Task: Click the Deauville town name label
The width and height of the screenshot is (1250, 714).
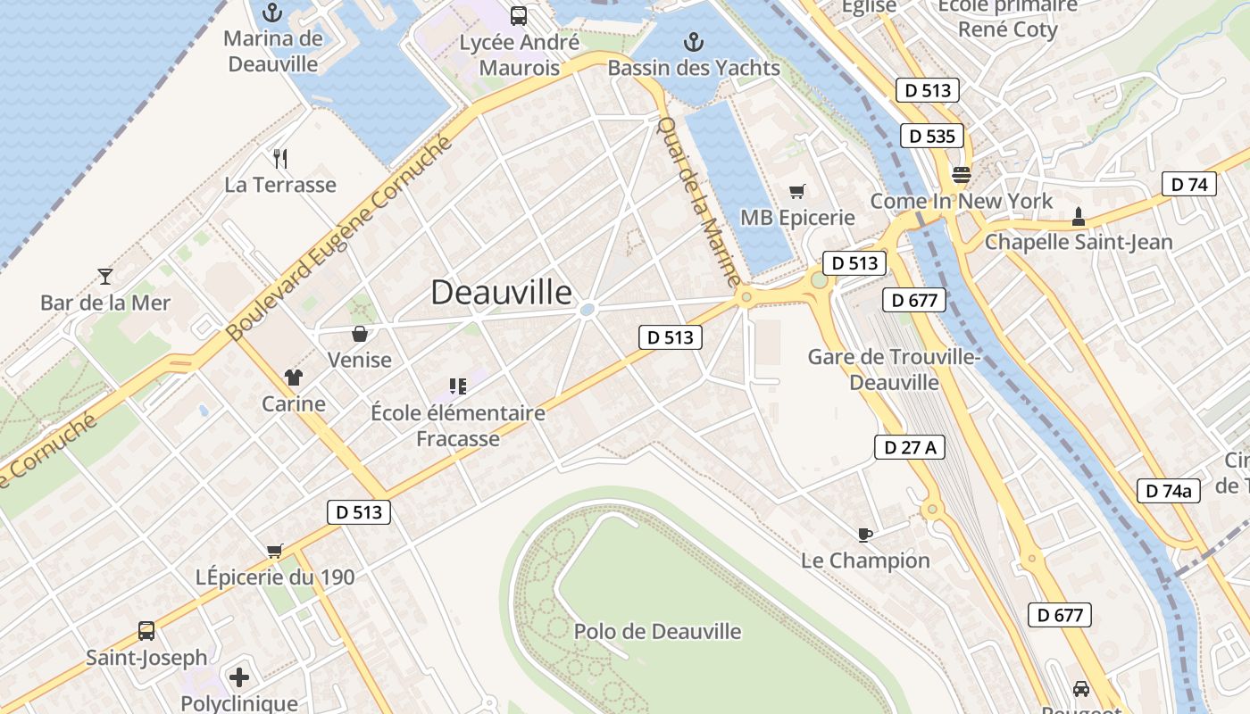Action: [501, 293]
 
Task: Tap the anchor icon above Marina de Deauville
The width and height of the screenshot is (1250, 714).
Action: [272, 12]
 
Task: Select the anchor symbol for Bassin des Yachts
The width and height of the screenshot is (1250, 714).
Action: [693, 42]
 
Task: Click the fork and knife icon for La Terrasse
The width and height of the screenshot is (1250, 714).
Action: [280, 159]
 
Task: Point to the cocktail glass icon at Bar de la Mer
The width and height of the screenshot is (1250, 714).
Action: [105, 277]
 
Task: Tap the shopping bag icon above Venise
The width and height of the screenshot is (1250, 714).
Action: [360, 334]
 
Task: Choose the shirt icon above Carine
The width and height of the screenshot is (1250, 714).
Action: [294, 378]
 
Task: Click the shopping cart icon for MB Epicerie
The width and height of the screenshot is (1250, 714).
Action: [797, 191]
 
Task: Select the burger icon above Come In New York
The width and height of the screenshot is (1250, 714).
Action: [962, 175]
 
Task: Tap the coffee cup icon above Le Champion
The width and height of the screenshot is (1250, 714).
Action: [864, 535]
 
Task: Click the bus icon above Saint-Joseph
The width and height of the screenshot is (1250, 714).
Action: [146, 631]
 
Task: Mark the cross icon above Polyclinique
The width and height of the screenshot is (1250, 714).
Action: [238, 677]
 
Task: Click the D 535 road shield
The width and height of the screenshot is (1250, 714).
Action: [931, 136]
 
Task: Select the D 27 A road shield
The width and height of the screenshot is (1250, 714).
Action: [909, 447]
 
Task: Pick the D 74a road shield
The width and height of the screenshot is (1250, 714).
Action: [1168, 490]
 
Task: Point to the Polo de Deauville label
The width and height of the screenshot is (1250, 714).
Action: [657, 632]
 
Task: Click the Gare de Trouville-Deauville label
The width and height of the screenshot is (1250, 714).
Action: [894, 369]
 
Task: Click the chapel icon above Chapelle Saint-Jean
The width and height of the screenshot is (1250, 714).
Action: [1078, 216]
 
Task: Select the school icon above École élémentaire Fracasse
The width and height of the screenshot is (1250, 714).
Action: [458, 386]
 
